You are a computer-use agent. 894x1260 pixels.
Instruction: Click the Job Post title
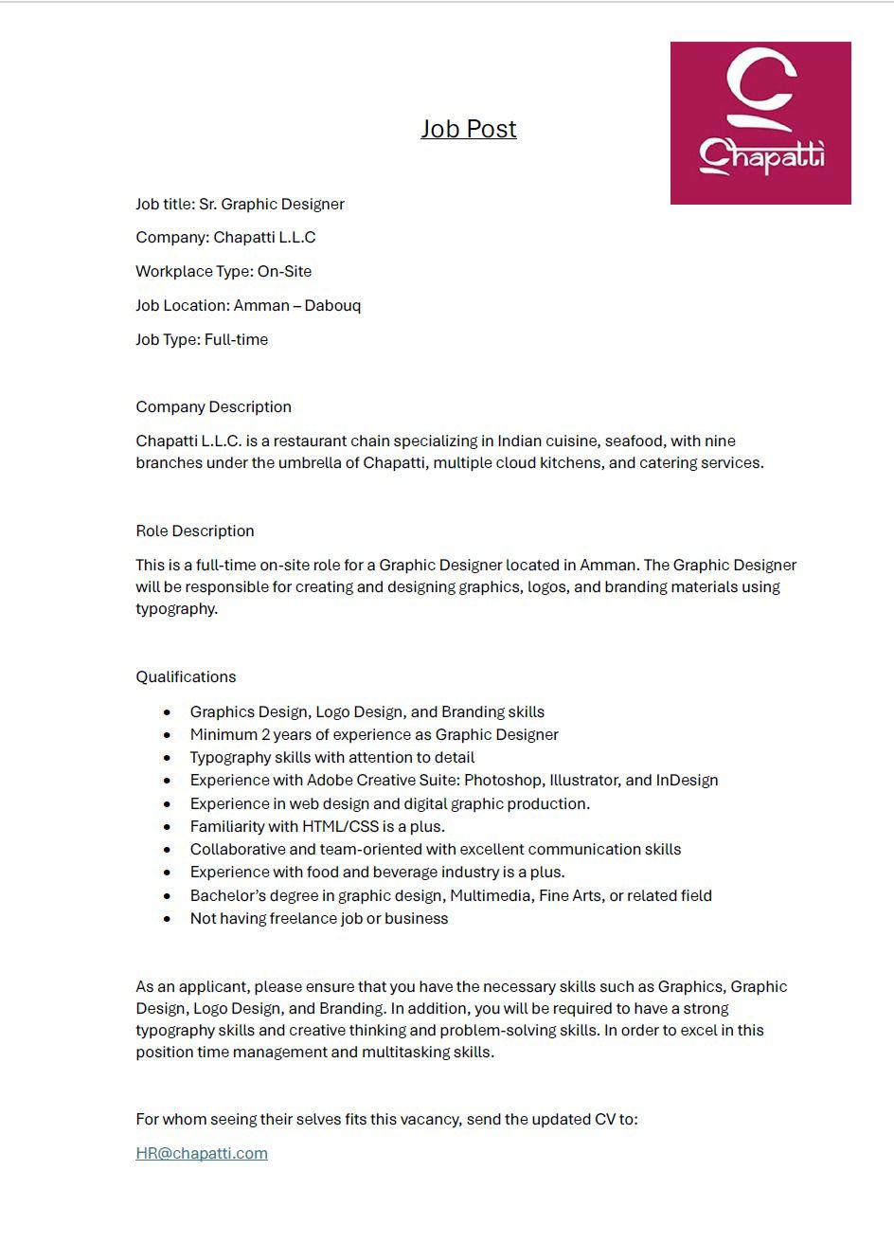coord(469,129)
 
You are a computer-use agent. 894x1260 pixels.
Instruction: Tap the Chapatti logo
coord(760,123)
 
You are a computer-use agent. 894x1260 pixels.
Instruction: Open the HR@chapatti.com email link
coord(202,1153)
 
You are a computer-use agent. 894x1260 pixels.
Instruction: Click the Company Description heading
coord(213,406)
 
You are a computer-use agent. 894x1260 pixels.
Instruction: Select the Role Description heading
coord(195,531)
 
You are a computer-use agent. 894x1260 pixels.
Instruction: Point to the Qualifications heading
coord(186,676)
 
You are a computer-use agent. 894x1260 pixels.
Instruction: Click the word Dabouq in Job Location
coord(332,305)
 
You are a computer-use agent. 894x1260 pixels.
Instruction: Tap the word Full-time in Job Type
coord(236,339)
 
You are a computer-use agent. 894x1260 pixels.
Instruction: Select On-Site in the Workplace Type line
coord(284,271)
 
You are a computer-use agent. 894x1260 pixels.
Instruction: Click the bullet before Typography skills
coord(168,758)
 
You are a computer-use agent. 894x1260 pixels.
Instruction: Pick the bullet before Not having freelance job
coord(168,919)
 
